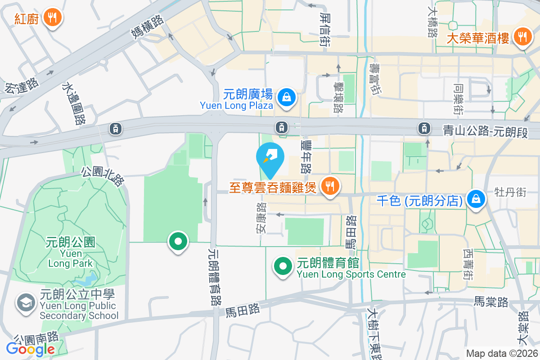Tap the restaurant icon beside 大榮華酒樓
point(522,37)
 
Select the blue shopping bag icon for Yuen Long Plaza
point(285,96)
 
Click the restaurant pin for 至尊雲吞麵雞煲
point(330,185)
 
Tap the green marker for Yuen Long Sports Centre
point(282,266)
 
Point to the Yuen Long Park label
point(71,252)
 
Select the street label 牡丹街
point(510,192)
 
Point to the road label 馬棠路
point(491,302)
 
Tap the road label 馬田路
point(243,309)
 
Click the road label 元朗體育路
point(214,277)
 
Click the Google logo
point(30,349)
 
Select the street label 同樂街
point(458,99)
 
